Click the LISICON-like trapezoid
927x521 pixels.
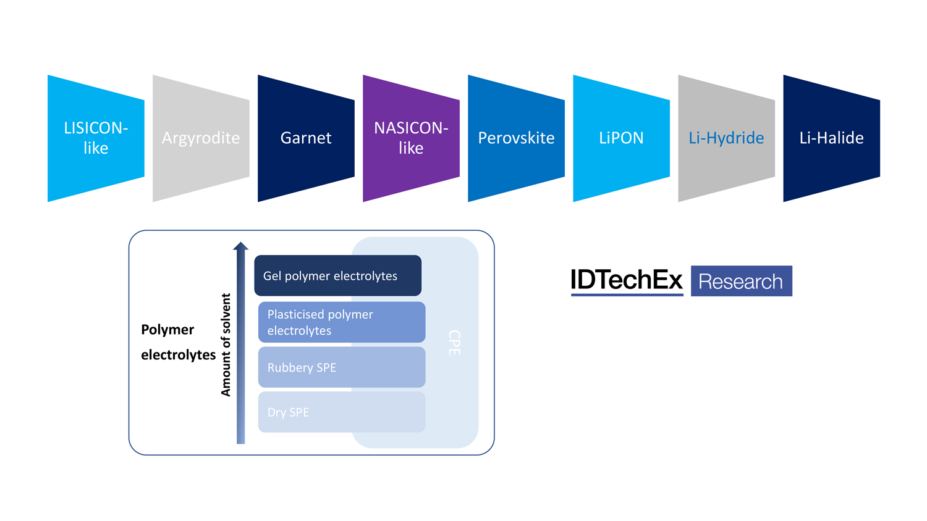click(96, 138)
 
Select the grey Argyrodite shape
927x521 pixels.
click(201, 138)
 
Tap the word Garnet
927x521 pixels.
click(306, 138)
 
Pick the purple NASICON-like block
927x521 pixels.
click(411, 138)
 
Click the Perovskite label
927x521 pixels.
click(516, 138)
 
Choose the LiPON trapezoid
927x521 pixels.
click(621, 138)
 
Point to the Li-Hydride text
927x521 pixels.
click(726, 138)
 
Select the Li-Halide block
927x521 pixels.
click(831, 138)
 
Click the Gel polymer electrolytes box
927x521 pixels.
click(337, 275)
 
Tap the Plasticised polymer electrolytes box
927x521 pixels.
click(341, 322)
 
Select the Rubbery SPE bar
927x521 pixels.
click(341, 367)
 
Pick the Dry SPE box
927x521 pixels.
click(341, 412)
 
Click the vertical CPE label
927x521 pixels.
click(454, 343)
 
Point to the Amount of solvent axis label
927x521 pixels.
click(226, 344)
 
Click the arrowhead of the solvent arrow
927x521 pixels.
click(240, 246)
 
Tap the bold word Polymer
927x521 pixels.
click(167, 330)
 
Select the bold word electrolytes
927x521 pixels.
click(178, 355)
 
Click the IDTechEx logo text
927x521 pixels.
click(626, 280)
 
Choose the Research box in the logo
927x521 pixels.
click(741, 281)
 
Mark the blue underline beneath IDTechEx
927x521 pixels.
click(627, 294)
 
